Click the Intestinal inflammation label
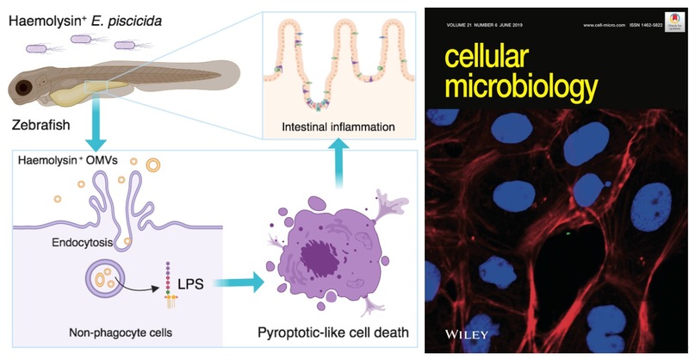(338, 127)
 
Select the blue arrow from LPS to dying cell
(239, 280)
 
